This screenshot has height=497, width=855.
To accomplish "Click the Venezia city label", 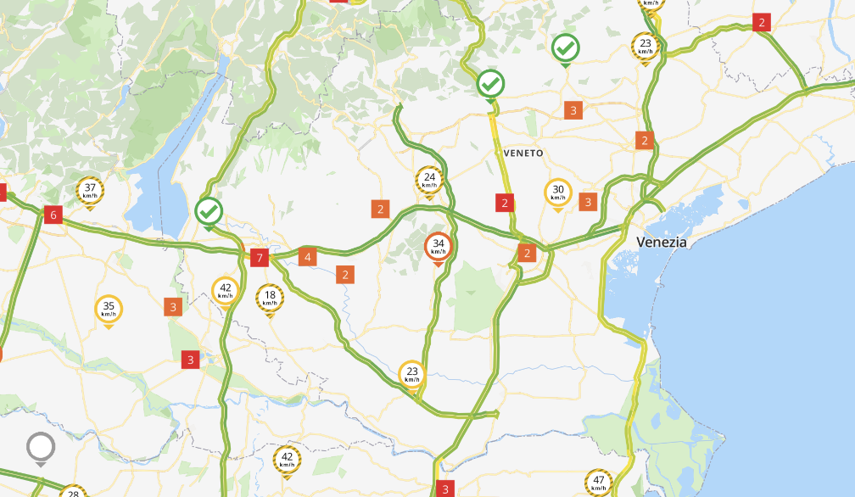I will [662, 242].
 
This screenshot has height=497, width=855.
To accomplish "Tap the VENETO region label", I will [522, 153].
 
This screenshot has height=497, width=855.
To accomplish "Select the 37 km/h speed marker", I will [90, 191].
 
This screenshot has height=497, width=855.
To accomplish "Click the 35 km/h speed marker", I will [109, 310].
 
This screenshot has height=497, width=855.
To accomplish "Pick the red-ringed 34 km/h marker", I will [438, 247].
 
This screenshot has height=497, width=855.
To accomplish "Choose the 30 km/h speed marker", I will [557, 193].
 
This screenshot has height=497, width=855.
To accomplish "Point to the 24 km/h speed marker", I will [429, 180].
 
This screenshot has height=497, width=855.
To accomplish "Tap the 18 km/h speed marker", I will [270, 298].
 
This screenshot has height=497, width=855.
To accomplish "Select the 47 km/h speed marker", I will [599, 483].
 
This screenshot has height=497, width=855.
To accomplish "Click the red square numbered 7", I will [260, 257].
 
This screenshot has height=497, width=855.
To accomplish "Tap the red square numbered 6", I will [53, 215].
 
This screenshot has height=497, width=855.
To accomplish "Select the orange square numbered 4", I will [308, 256].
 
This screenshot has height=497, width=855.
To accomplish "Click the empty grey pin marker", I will [41, 446].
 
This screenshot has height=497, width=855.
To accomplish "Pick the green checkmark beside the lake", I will [209, 210].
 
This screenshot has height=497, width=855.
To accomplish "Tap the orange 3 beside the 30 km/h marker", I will [588, 201].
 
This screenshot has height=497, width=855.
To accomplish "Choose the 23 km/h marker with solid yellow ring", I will [412, 374].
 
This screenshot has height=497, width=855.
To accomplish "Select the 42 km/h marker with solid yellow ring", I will [226, 291].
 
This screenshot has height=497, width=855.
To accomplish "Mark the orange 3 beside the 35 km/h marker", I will [173, 306].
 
